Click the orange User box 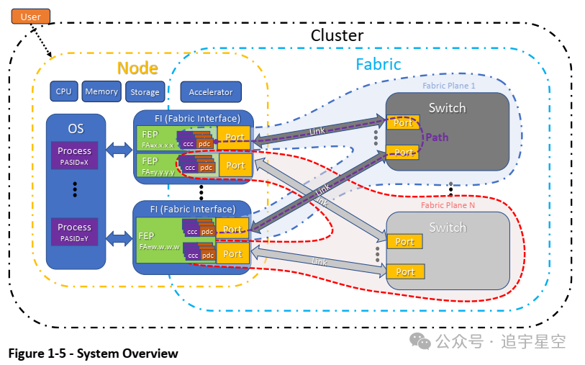[31, 16]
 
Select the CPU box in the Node [64, 91]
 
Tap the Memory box [101, 91]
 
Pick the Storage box [145, 92]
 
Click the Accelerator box [211, 92]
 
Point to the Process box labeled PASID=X [75, 156]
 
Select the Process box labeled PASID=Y [75, 231]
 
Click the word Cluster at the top [337, 35]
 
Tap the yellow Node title [137, 68]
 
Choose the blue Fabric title [378, 64]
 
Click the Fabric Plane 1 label [449, 86]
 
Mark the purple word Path [437, 137]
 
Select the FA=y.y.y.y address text [158, 173]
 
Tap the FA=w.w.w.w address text [159, 246]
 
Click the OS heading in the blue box [76, 129]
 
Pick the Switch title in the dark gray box [447, 108]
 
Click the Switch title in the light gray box [448, 227]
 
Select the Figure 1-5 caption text [93, 353]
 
